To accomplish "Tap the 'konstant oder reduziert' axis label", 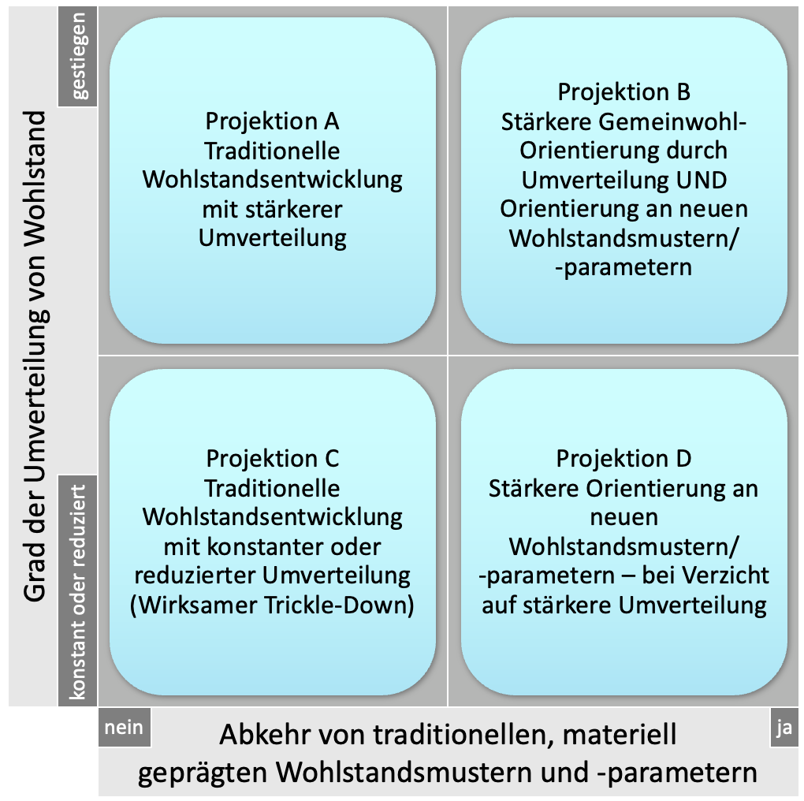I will click(77, 591).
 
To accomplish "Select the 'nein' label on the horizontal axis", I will click(125, 727).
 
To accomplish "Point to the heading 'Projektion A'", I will click(272, 121).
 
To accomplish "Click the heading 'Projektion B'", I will click(623, 92).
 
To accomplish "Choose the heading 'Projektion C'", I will click(272, 458).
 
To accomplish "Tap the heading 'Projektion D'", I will click(623, 458).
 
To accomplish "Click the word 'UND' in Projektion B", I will click(702, 180).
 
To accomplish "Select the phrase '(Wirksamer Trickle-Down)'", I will click(272, 605).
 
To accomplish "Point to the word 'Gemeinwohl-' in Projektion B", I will click(678, 122).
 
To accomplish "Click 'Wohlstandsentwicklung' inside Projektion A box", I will click(272, 180).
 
